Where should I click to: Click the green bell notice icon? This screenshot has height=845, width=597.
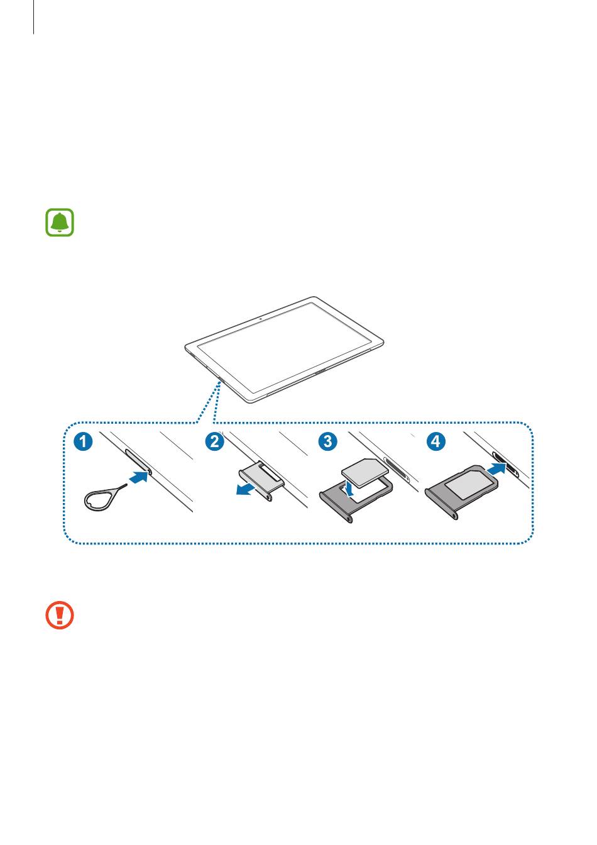60,222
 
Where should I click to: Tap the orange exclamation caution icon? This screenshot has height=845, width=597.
60,615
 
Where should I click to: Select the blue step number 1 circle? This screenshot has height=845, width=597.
84,441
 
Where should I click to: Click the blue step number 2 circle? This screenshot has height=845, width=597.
214,441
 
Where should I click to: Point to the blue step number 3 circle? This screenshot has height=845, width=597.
328,441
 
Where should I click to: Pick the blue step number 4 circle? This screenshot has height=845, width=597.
435,441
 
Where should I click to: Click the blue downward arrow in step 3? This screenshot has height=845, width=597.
351,488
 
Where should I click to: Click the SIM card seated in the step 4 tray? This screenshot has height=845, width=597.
469,484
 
